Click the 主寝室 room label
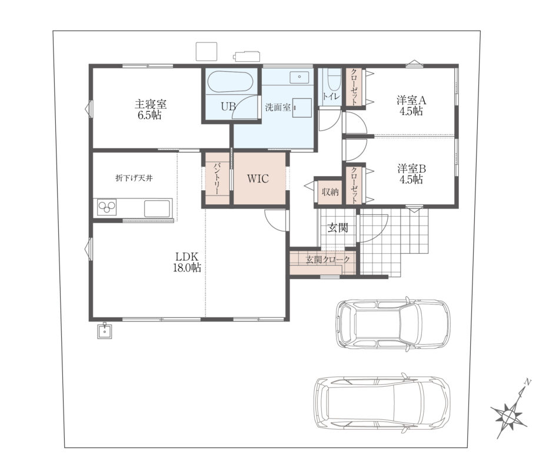[x=151, y=104]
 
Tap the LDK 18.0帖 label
[x=187, y=262]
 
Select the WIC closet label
[x=258, y=179]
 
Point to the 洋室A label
[x=411, y=100]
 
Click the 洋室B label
[x=412, y=168]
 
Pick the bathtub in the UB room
[x=230, y=82]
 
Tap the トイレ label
[x=331, y=96]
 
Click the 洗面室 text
[x=278, y=107]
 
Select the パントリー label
[x=217, y=178]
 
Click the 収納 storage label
[x=330, y=192]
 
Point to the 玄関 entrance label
[x=338, y=228]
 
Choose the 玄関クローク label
[x=328, y=260]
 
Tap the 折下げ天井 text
[x=134, y=178]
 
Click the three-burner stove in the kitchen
[x=107, y=207]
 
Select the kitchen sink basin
[x=157, y=208]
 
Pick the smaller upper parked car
[x=393, y=324]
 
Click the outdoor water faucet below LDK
[x=105, y=330]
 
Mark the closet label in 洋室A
[x=354, y=87]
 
